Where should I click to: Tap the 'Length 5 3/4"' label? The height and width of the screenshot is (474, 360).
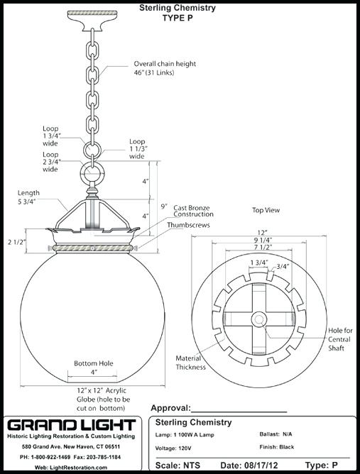pos(28,197)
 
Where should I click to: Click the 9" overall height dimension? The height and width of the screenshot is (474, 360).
pos(163,206)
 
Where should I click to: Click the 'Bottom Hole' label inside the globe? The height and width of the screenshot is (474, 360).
pos(93,364)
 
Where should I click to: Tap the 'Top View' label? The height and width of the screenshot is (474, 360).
pos(266,210)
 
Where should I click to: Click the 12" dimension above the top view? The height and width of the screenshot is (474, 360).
pos(263,233)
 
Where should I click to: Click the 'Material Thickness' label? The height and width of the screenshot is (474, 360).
pos(192,362)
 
